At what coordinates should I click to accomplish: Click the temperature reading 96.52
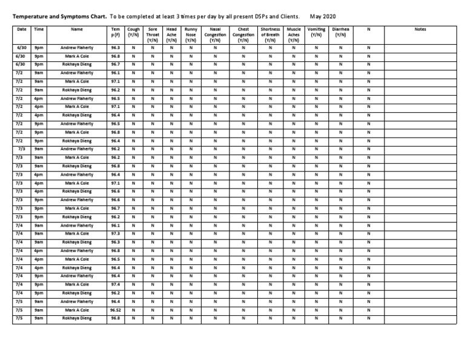[x=115, y=310]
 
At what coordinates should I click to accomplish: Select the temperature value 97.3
[x=115, y=233]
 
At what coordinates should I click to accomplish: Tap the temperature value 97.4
[x=115, y=284]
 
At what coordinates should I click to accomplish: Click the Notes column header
[x=420, y=28]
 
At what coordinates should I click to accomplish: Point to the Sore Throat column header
[x=153, y=35]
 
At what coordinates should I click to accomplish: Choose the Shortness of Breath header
[x=270, y=35]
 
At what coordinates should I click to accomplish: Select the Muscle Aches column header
[x=294, y=35]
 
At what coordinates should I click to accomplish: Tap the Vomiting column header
[x=316, y=32]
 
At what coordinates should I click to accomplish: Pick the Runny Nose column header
[x=191, y=35]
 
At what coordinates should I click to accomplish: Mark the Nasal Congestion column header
[x=215, y=35]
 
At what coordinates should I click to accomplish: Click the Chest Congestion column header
[x=243, y=35]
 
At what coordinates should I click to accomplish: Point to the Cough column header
[x=134, y=32]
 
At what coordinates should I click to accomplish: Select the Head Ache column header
[x=172, y=35]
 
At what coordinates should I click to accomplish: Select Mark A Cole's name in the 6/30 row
[x=77, y=56]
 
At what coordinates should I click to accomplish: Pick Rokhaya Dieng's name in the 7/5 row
[x=77, y=318]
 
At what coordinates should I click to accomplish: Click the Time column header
[x=39, y=28]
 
